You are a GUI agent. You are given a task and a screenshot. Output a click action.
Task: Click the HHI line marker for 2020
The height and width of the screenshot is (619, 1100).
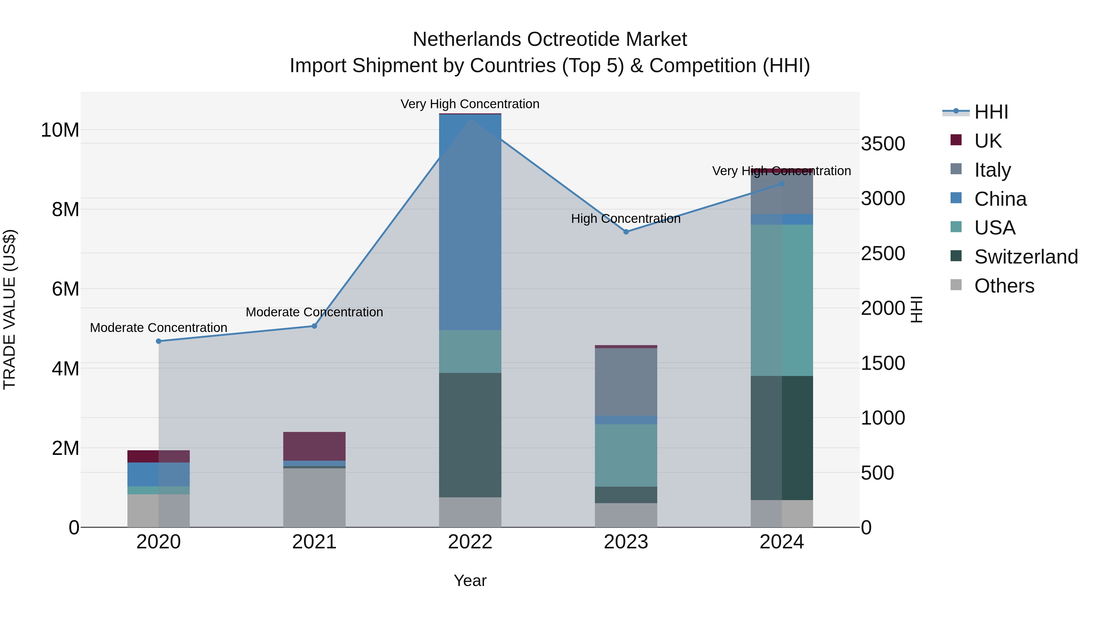[158, 341]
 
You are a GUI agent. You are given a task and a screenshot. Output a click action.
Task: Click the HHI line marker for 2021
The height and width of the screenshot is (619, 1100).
[314, 326]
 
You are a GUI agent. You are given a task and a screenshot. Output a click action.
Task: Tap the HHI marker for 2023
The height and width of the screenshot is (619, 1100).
[626, 231]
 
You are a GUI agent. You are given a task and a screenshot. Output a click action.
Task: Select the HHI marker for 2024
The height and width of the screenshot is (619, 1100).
[782, 184]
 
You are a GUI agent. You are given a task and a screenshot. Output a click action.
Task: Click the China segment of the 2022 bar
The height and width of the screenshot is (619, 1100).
[470, 222]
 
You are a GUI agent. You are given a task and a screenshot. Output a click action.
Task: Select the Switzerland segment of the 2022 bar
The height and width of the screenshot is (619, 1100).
[470, 435]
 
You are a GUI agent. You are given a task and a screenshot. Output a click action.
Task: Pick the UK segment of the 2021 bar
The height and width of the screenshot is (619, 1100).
[314, 446]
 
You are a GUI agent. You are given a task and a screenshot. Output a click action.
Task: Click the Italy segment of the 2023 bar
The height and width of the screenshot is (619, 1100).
[626, 381]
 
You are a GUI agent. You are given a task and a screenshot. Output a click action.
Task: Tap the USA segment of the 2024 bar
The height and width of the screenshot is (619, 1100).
[782, 300]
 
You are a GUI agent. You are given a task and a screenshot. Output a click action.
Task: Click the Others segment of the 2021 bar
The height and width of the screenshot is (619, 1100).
[314, 497]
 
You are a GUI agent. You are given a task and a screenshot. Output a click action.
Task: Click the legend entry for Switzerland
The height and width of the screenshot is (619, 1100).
[1026, 257]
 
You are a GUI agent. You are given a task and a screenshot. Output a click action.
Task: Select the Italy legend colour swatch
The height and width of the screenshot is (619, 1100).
[956, 169]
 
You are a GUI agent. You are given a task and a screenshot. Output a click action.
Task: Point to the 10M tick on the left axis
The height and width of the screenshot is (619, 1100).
[60, 130]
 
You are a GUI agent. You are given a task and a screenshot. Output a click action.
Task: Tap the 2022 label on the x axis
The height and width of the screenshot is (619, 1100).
[470, 542]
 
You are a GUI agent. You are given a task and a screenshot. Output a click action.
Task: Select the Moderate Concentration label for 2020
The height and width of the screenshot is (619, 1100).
[158, 328]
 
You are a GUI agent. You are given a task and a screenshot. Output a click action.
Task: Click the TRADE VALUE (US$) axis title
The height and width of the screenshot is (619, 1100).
[10, 309]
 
